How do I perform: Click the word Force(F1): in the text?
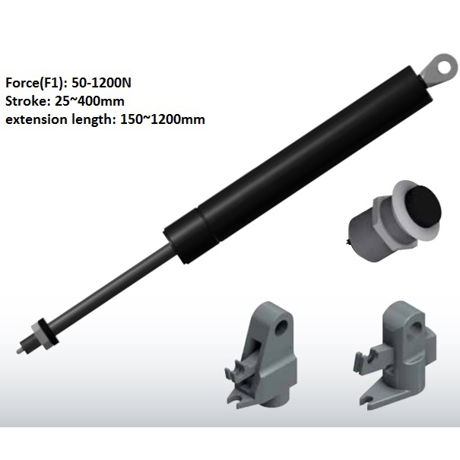point(33,83)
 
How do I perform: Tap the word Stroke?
point(27,101)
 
